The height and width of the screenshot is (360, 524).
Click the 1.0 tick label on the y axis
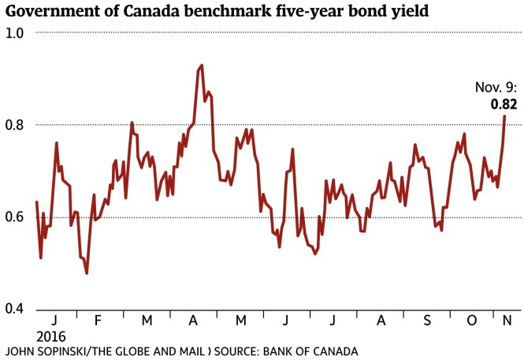pyautogui.click(x=15, y=33)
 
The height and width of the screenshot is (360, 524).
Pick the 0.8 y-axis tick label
pyautogui.click(x=15, y=124)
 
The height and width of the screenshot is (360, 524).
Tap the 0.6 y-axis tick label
pyautogui.click(x=15, y=217)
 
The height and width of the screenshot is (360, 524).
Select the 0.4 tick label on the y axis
pyautogui.click(x=15, y=308)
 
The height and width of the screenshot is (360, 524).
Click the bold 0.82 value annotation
pyautogui.click(x=503, y=102)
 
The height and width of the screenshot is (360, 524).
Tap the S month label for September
pyautogui.click(x=426, y=321)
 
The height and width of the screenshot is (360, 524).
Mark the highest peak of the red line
pyautogui.click(x=202, y=65)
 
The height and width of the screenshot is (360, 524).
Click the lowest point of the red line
pyautogui.click(x=86, y=273)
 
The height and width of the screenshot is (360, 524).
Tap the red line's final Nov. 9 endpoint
pyautogui.click(x=504, y=116)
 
